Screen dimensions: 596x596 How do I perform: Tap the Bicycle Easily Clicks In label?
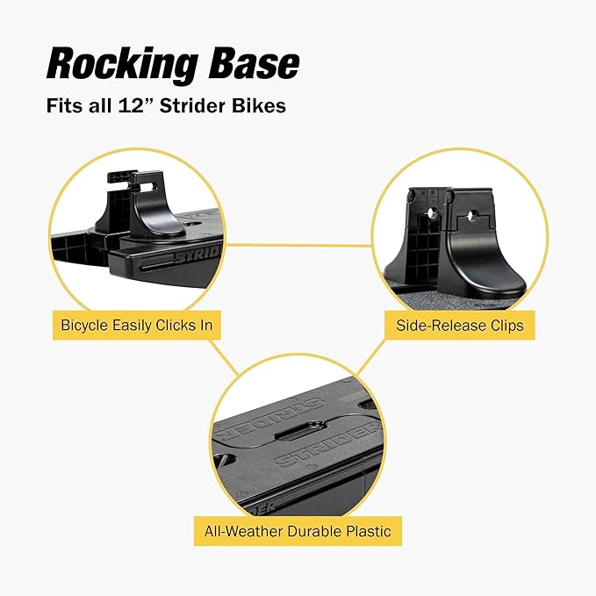click(x=136, y=326)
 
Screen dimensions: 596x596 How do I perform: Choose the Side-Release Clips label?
click(x=459, y=326)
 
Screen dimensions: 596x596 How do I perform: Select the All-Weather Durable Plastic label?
click(x=297, y=531)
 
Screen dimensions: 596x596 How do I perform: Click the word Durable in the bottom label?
click(x=304, y=531)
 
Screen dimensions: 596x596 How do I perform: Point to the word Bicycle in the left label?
click(x=86, y=326)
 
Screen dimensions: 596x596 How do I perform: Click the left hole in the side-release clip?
click(x=432, y=213)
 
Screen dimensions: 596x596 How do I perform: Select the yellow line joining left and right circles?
click(x=298, y=245)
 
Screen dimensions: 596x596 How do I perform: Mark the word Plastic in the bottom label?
click(x=363, y=531)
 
